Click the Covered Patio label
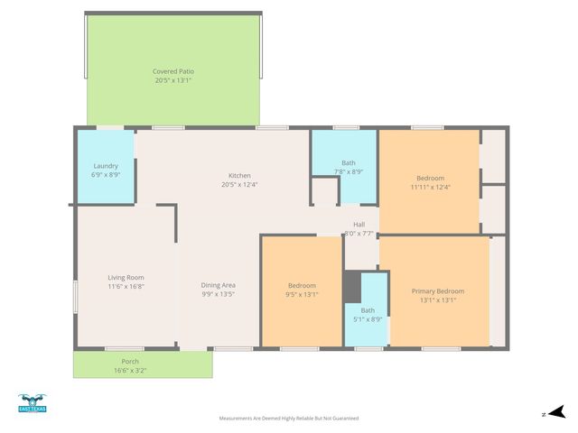[x=173, y=71]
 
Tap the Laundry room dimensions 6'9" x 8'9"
[x=106, y=175]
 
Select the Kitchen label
[x=239, y=176]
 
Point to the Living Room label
[x=126, y=278]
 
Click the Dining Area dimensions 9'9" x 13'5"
[x=219, y=294]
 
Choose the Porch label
[x=130, y=362]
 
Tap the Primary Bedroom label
[x=438, y=291]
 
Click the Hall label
[x=359, y=225]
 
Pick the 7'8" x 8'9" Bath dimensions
[x=349, y=172]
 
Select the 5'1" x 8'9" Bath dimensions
[x=368, y=319]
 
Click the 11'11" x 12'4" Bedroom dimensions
[x=431, y=187]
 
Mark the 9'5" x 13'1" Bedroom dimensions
[x=302, y=295]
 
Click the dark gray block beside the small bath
[x=352, y=287]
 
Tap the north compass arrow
[x=557, y=412]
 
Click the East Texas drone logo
[x=33, y=403]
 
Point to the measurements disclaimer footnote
[x=289, y=419]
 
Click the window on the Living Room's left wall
[x=75, y=297]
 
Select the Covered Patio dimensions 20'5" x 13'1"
[x=173, y=80]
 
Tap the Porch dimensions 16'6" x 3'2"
[x=130, y=371]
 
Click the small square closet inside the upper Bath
[x=325, y=191]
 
